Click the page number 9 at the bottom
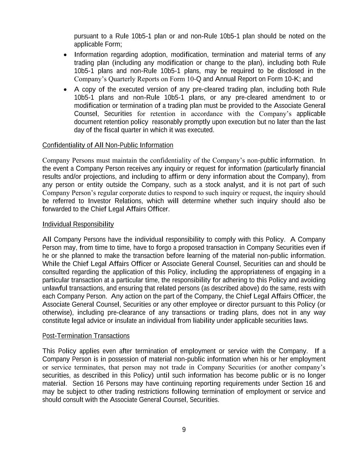(184, 430)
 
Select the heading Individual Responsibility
(78, 224)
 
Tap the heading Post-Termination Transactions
(86, 336)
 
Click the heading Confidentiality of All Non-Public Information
(107, 145)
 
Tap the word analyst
(235, 185)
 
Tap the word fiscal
(113, 130)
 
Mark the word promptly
(199, 122)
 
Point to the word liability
(204, 321)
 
